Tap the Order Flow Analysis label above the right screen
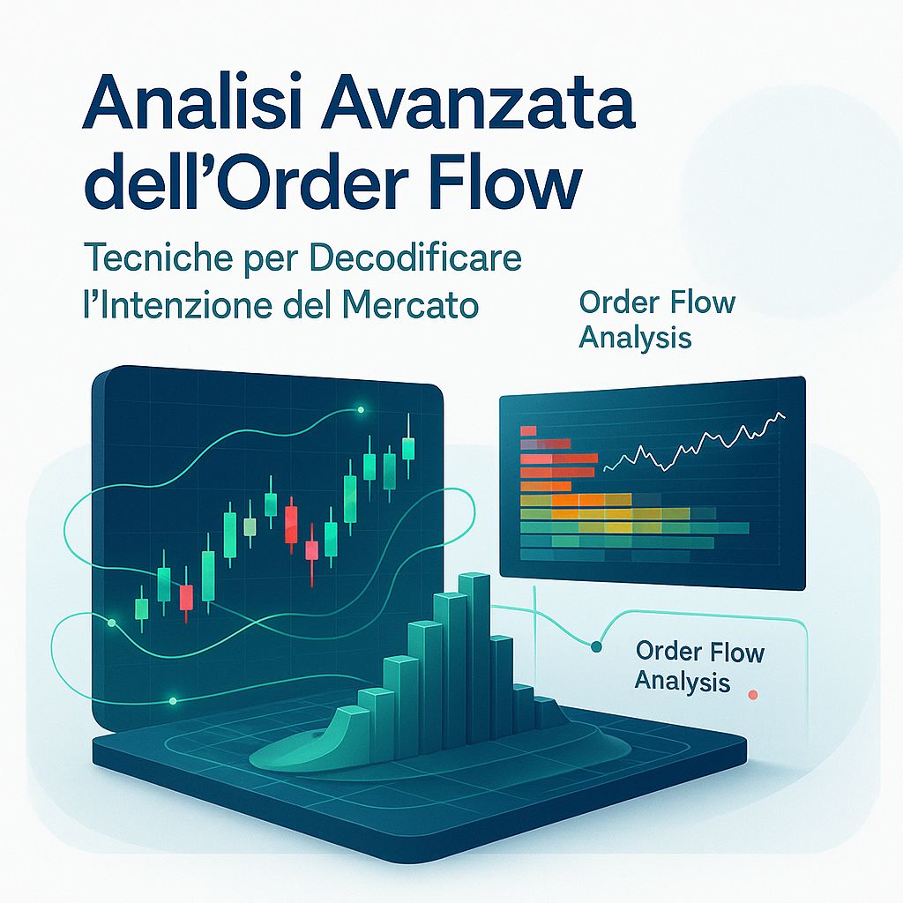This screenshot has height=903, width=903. coord(656,319)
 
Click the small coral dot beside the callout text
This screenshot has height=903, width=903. coord(752,695)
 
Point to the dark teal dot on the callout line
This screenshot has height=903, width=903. coord(596,647)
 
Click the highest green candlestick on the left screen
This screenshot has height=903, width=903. coord(407,448)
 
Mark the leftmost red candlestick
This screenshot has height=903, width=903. coord(185,597)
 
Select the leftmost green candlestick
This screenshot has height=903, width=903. coord(141,608)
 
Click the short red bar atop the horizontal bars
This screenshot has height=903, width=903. coord(529,430)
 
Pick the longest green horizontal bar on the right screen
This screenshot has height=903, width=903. coord(634,528)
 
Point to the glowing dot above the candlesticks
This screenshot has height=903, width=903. coord(361,410)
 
